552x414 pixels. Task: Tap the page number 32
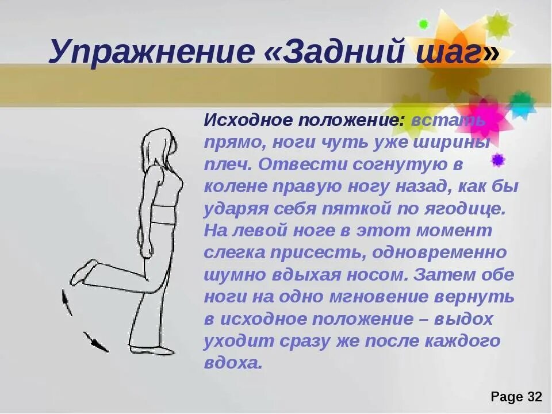534,397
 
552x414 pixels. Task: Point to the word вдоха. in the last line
233,363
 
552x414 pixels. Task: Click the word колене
233,187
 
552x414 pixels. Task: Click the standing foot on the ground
153,348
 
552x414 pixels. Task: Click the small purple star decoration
498,160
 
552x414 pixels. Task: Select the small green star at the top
424,24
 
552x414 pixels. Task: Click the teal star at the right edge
522,103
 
